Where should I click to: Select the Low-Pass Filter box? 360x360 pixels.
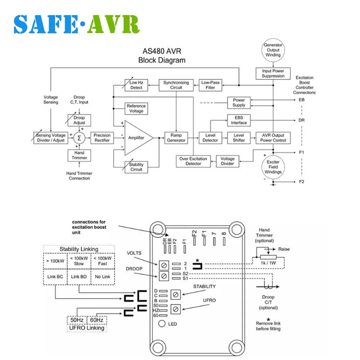tap(210, 85)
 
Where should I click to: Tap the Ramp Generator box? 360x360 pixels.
tap(176, 138)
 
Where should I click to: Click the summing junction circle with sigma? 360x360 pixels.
tap(79, 138)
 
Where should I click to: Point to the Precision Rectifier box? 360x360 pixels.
tap(102, 138)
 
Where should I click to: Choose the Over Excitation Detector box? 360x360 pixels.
tap(193, 161)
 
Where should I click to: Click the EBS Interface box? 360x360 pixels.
tap(239, 120)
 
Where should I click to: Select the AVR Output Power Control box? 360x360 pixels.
tap(273, 138)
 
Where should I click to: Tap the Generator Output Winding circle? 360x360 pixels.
tap(273, 50)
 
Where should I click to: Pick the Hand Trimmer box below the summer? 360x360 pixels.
tap(79, 155)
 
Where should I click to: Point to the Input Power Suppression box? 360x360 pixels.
tap(273, 73)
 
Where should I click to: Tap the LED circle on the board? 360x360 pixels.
tap(162, 324)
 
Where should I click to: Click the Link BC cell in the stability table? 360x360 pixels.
tap(55, 276)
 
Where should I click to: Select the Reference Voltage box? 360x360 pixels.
tap(136, 108)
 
